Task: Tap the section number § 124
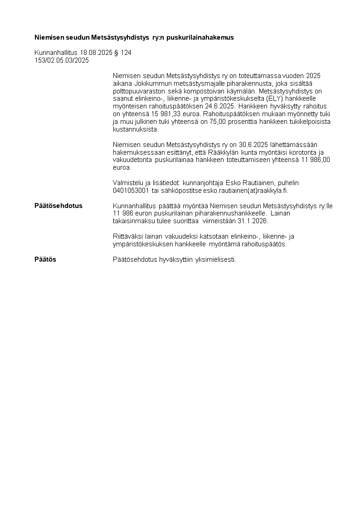coord(123,53)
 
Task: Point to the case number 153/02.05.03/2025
coord(62,60)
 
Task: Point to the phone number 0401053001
coord(131,191)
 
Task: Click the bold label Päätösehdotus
coord(58,206)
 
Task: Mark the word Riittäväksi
coord(129,236)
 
